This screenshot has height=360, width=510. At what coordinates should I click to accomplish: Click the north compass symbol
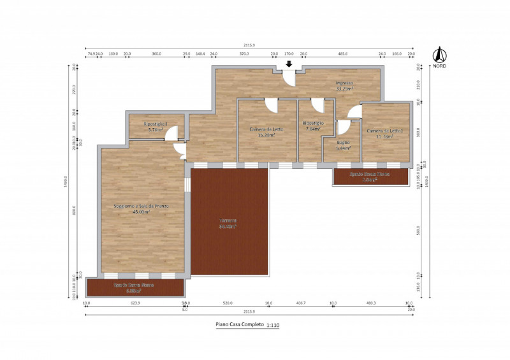point(438,55)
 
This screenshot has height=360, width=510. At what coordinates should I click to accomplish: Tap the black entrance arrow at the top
point(289,64)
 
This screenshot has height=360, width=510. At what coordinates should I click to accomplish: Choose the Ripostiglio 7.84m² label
point(312,126)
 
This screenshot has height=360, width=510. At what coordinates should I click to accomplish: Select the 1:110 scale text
point(273,326)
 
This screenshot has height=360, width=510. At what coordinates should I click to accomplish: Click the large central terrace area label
point(229,223)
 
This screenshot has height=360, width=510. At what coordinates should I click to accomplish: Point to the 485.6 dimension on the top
point(342,54)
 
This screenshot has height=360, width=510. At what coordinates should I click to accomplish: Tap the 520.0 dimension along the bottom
point(228,303)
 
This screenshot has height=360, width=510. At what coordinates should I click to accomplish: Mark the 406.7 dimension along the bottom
point(300,303)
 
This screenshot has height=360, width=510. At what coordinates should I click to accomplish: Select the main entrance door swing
point(289,78)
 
